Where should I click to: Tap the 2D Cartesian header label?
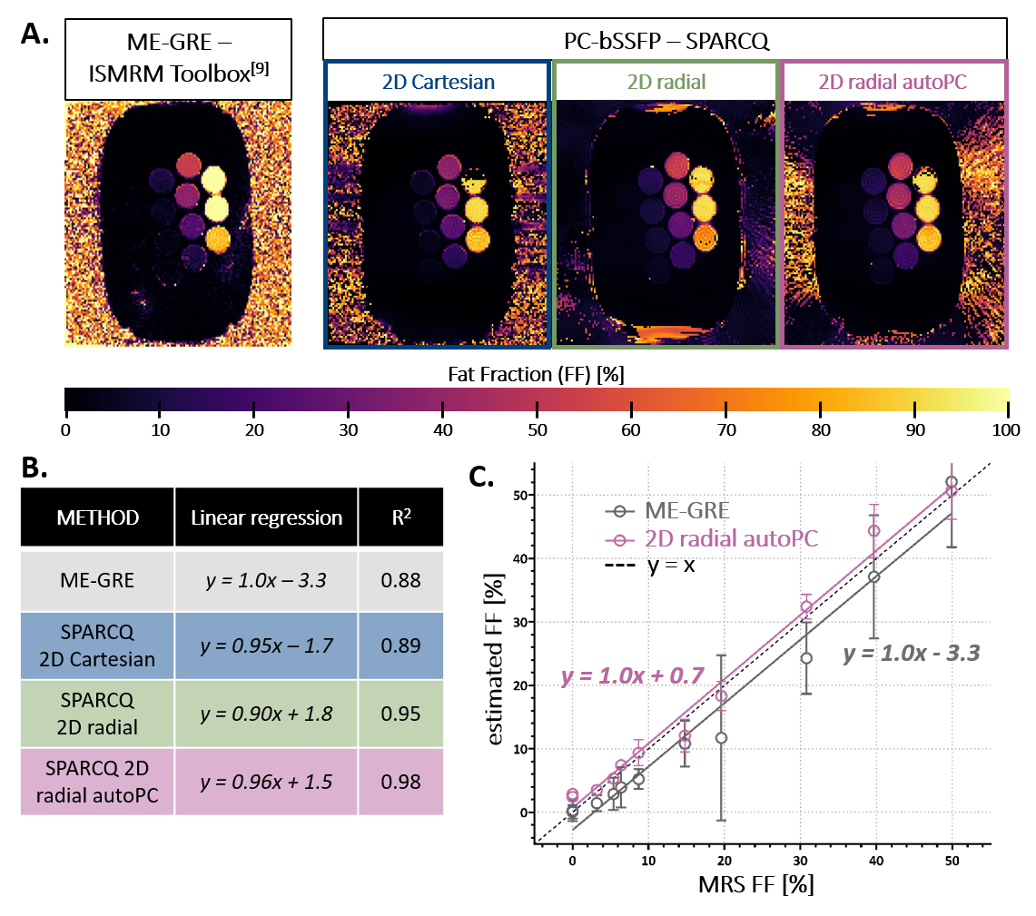coord(438,83)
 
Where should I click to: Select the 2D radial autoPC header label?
coord(894,83)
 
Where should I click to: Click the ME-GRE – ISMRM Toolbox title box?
coord(178,58)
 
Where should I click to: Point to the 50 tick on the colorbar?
coord(537,428)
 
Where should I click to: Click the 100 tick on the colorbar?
coord(1005,428)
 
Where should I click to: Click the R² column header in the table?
coord(400,517)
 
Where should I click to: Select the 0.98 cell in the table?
coord(400,782)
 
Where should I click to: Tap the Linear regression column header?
coord(266,517)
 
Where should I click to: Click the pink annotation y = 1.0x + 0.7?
coord(633,676)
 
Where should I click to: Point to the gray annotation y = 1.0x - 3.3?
coord(911,652)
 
